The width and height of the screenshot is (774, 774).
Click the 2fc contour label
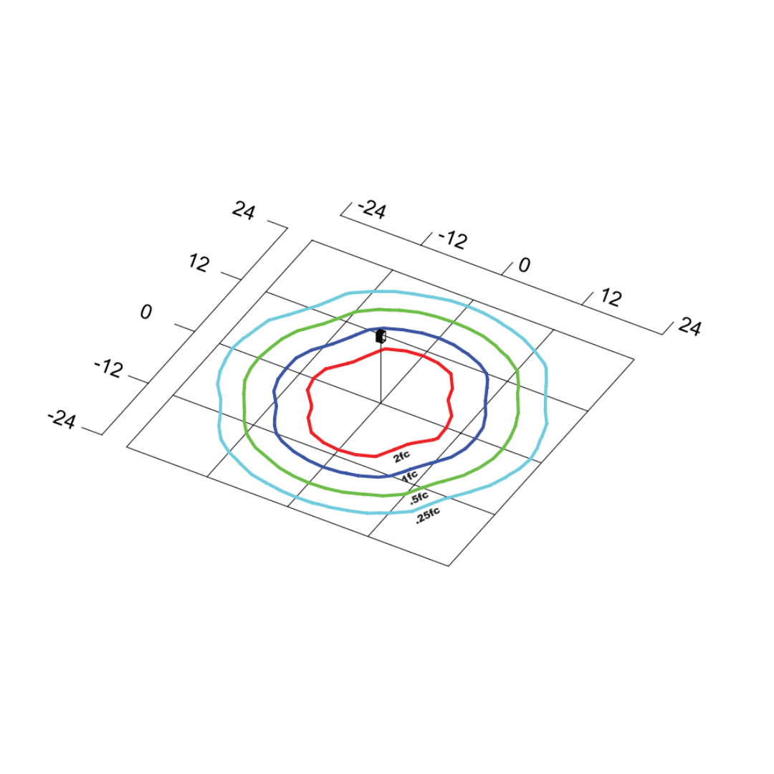coord(401,457)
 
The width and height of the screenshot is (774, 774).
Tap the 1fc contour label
coord(410,477)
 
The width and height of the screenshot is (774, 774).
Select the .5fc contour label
coord(419,498)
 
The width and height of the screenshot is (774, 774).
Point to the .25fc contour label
coord(427,515)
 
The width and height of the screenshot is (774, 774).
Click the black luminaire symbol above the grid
coord(380,336)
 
